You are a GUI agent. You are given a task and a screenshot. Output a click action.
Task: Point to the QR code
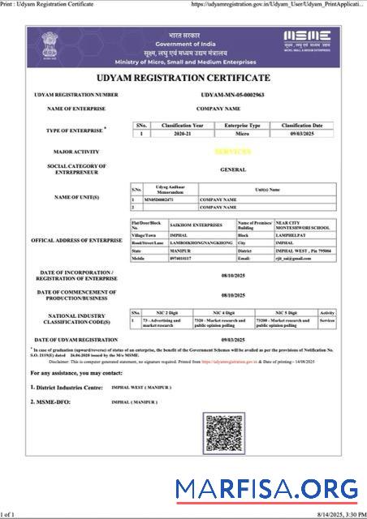click(x=224, y=434)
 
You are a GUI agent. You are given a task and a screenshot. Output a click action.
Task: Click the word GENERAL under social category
click(x=233, y=169)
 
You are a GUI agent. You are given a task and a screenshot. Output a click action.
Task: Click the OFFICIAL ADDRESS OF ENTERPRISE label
click(x=76, y=241)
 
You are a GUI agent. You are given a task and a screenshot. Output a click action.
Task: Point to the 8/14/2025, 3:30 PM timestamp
click(x=333, y=513)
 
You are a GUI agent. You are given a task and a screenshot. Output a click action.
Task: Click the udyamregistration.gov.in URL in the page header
click(x=276, y=4)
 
